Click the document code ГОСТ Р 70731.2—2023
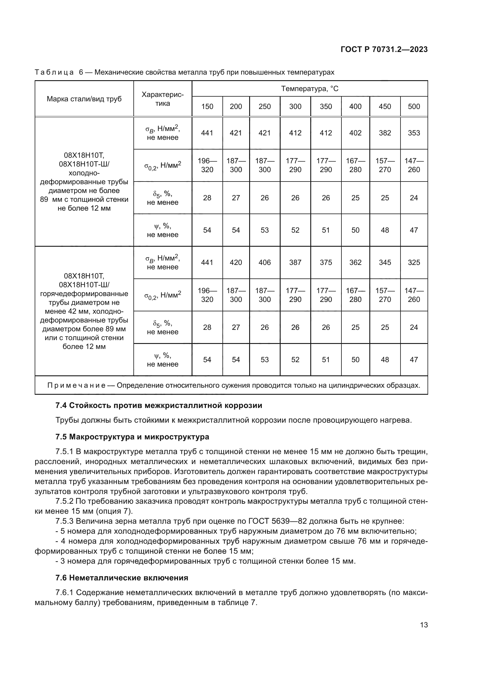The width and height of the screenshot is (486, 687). pyautogui.click(x=384, y=50)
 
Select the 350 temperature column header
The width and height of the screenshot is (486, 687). pyautogui.click(x=326, y=107)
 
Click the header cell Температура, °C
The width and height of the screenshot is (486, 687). pyautogui.click(x=309, y=89)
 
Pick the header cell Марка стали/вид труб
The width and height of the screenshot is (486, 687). pyautogui.click(x=84, y=99)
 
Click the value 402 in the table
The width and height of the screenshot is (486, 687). pyautogui.click(x=355, y=133)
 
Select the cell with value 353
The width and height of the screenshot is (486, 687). pyautogui.click(x=414, y=133)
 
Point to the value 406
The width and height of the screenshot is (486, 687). pyautogui.click(x=264, y=262)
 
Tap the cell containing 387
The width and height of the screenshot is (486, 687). pyautogui.click(x=295, y=262)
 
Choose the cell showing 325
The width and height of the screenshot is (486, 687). pyautogui.click(x=414, y=262)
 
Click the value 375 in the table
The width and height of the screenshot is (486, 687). pyautogui.click(x=326, y=262)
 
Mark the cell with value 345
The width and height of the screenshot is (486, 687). pyautogui.click(x=385, y=262)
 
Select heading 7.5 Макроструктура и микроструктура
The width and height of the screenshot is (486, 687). pyautogui.click(x=132, y=437)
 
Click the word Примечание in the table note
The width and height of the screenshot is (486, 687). pyautogui.click(x=76, y=385)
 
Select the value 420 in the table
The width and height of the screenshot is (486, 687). pyautogui.click(x=236, y=262)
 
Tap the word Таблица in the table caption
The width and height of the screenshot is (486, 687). pyautogui.click(x=54, y=73)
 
